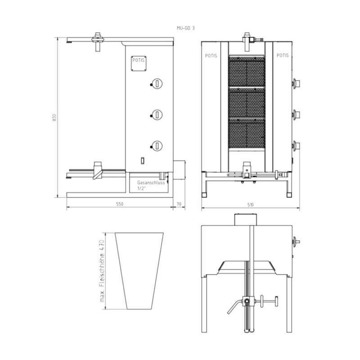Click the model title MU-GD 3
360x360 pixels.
pyautogui.click(x=186, y=28)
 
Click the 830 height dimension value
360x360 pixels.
pyautogui.click(x=54, y=117)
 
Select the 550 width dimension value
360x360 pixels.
pyautogui.click(x=120, y=204)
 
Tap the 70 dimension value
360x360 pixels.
pyautogui.click(x=179, y=204)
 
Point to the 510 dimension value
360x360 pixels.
pyautogui.click(x=251, y=205)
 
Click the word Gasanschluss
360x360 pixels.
pyautogui.click(x=151, y=183)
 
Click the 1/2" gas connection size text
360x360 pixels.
pyautogui.click(x=142, y=189)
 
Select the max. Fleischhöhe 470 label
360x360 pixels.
pyautogui.click(x=102, y=271)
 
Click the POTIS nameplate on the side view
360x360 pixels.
pyautogui.click(x=139, y=63)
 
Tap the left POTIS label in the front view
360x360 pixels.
pyautogui.click(x=211, y=56)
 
